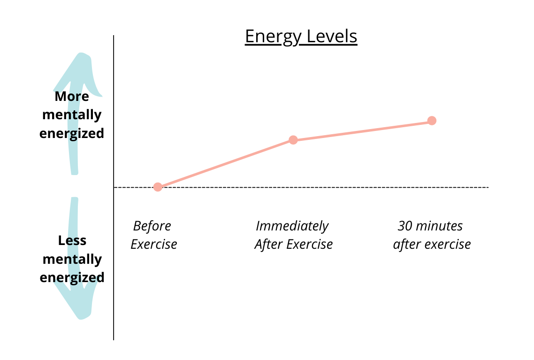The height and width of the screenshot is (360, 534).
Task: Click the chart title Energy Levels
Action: [x=301, y=37]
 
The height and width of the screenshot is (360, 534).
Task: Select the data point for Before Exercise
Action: [x=158, y=187]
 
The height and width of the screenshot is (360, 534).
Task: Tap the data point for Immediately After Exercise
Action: [x=293, y=140]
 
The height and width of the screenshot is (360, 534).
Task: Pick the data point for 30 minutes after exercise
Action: [x=432, y=121]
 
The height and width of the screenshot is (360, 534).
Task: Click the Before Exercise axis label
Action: [x=153, y=235]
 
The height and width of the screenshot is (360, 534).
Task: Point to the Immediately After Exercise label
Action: [x=293, y=235]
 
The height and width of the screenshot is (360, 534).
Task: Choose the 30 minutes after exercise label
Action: [x=431, y=235]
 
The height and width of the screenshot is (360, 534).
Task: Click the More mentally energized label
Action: [x=72, y=115]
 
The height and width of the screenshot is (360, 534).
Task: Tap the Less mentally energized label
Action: [x=72, y=259]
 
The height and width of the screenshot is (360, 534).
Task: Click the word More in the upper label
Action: [x=72, y=97]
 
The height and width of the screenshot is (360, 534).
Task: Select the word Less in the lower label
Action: [x=72, y=241]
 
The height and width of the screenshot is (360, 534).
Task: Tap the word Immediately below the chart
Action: [x=292, y=226]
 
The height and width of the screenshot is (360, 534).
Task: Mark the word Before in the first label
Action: [x=152, y=226]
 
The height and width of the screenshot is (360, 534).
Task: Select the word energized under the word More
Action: [x=72, y=133]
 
